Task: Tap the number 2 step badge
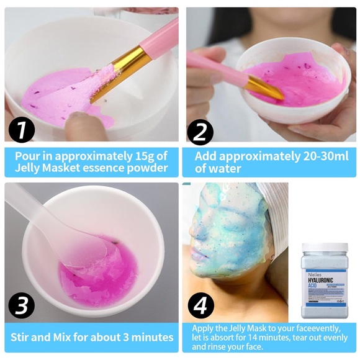click(x=200, y=131)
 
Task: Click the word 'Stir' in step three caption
click(x=24, y=337)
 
